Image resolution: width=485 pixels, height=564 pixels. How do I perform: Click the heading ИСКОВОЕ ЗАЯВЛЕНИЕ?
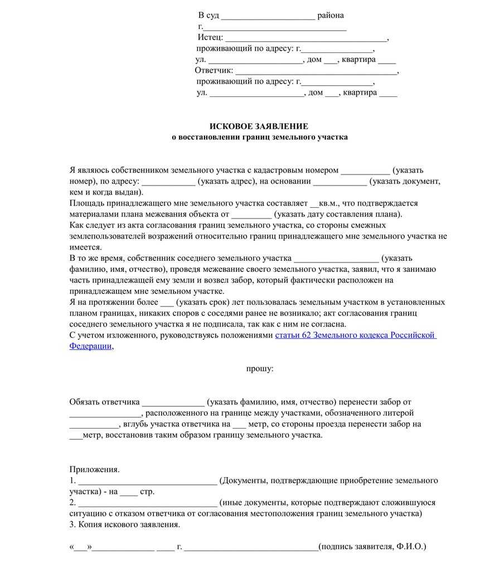259,127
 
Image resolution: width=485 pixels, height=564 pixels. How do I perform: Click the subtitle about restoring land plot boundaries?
259,137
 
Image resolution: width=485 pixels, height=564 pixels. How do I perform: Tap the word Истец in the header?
210,37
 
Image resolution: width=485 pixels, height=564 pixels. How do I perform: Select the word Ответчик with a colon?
214,71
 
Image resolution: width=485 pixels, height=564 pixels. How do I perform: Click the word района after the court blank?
331,15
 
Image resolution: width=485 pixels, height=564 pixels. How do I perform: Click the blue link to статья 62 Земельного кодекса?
355,335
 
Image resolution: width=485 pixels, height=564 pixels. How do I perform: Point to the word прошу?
260,368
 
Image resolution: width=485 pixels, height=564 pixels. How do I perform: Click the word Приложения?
94,469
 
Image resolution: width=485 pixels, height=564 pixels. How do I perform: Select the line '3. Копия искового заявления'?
125,524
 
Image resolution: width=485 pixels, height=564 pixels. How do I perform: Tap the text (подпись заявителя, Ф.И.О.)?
374,547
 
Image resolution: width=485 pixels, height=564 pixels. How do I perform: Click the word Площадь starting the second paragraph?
86,203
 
